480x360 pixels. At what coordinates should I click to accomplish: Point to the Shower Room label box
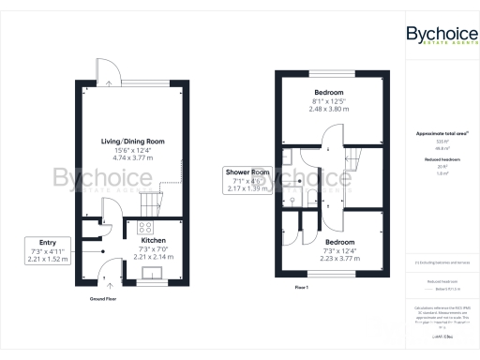click(x=247, y=178)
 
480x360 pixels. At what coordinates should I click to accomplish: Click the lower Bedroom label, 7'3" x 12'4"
click(x=340, y=241)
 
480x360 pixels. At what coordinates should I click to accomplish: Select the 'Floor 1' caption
click(x=302, y=285)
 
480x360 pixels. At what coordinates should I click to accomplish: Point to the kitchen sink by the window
click(x=149, y=273)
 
